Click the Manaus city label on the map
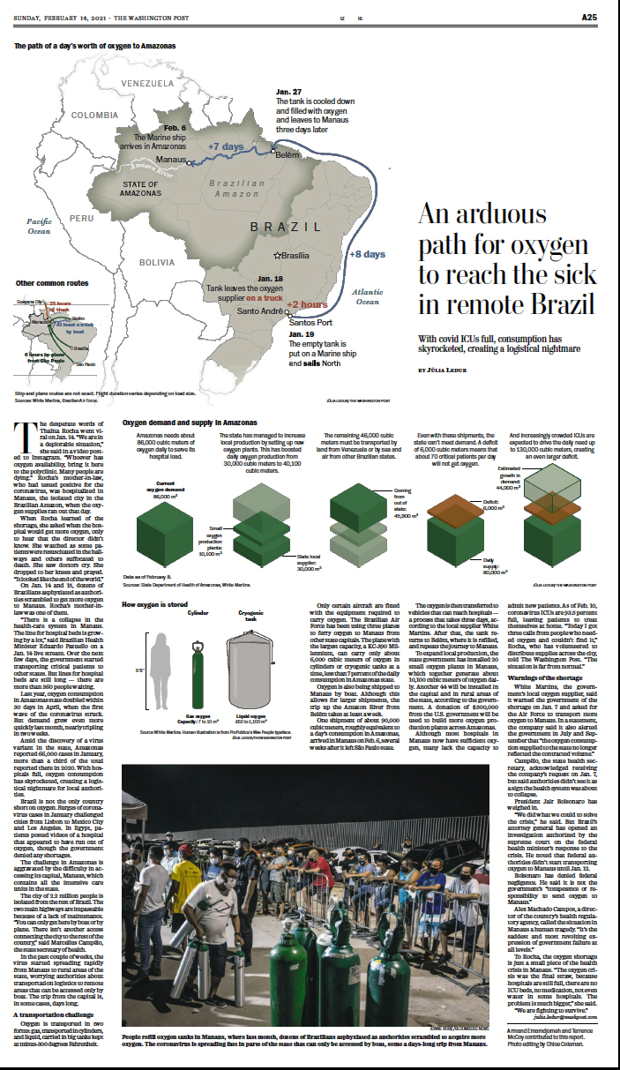coord(146,160)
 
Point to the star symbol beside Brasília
coord(278,255)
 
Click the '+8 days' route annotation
coord(367,254)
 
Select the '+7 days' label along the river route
coord(225,146)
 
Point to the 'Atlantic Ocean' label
coord(367,296)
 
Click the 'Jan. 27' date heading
coord(288,92)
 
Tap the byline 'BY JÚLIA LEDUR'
coord(452,370)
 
